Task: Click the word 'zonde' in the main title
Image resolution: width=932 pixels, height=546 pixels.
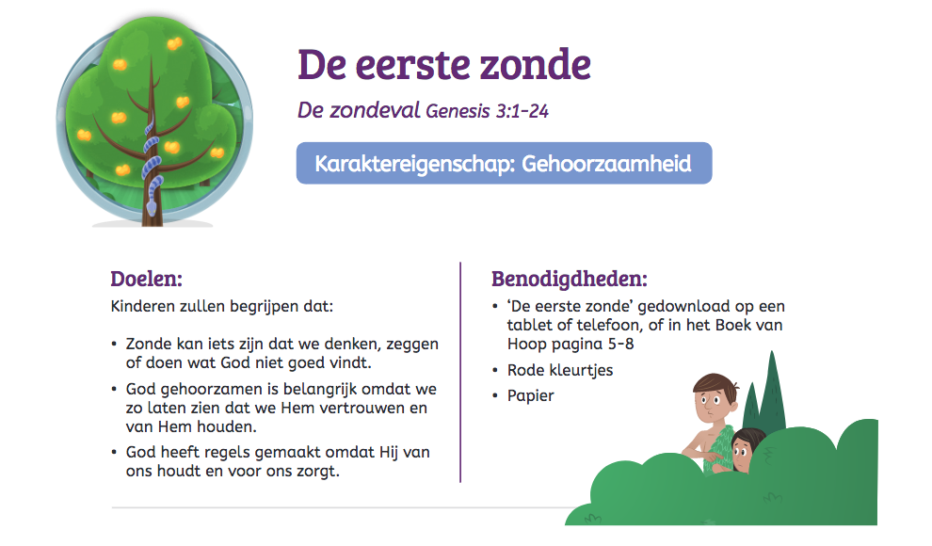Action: [536, 65]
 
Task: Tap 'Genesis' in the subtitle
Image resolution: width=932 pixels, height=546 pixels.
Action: [458, 111]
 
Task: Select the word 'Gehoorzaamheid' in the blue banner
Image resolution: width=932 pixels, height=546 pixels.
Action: [606, 164]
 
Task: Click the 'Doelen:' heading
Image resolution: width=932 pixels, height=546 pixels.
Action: [146, 279]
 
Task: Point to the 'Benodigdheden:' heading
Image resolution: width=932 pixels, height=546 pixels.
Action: [569, 279]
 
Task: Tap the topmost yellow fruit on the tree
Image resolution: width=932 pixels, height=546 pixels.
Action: [174, 43]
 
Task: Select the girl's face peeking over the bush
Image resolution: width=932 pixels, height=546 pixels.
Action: [743, 450]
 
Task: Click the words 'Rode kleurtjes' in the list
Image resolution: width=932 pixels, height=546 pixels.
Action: [560, 370]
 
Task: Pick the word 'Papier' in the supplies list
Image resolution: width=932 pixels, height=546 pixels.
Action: [530, 395]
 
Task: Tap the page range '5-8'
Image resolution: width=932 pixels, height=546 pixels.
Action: [620, 344]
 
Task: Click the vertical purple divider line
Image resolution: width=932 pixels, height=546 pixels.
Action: [460, 372]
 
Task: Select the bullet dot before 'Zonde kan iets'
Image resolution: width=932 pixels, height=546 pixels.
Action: [114, 345]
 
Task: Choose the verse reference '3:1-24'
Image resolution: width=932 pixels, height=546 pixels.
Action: [522, 111]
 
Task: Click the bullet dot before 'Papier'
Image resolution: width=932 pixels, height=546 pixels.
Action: [495, 395]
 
